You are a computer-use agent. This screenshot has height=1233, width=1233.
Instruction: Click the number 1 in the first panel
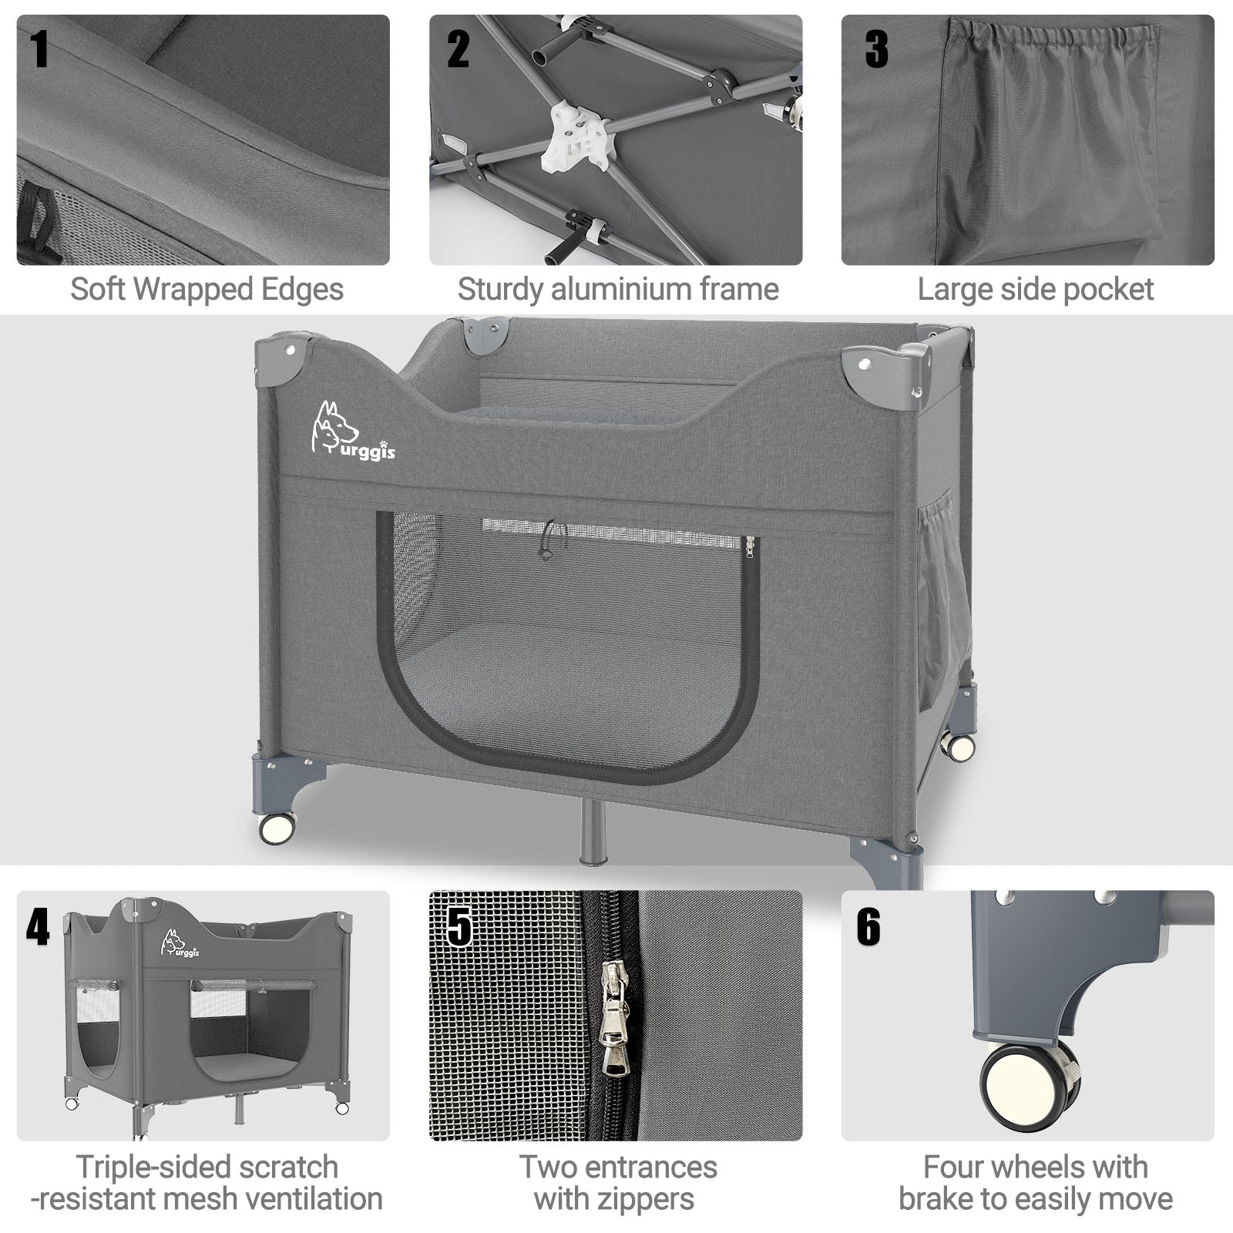39,49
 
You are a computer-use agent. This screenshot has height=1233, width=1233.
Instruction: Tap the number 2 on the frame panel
458,49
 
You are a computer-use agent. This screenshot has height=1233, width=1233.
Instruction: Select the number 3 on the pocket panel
876,49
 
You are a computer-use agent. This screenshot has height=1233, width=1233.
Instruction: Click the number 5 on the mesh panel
459,926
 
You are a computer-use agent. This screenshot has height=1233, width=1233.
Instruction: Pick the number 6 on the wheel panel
868,926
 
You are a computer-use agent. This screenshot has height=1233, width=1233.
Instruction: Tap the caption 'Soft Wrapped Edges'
207,290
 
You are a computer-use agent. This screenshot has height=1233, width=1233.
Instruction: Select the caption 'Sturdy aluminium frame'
618,290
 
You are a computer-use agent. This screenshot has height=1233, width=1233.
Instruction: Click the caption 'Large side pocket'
1035,290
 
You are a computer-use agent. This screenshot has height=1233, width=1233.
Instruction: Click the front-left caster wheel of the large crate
277,828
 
